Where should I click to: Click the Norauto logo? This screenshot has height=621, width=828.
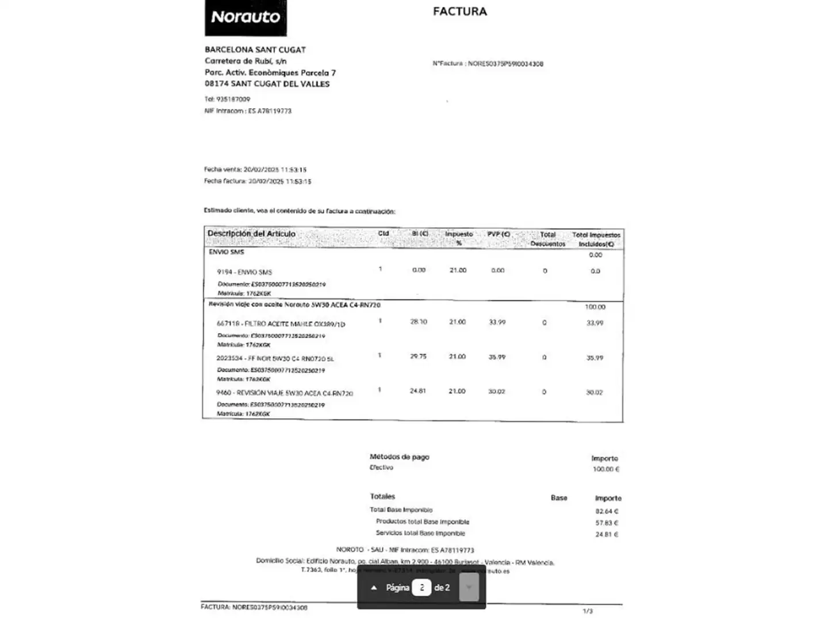click(246, 17)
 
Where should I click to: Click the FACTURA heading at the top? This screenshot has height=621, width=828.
click(459, 11)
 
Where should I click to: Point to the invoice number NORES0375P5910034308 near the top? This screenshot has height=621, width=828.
click(505, 64)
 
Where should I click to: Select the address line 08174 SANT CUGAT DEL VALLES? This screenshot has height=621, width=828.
click(267, 84)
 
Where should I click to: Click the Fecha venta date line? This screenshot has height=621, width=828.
click(255, 170)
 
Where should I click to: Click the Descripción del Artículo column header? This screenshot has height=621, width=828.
click(251, 233)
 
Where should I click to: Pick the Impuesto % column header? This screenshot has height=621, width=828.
click(458, 238)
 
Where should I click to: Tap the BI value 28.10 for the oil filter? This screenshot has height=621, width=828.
click(418, 322)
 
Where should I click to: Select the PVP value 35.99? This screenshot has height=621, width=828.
click(497, 357)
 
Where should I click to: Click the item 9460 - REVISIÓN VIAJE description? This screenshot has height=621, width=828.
click(284, 393)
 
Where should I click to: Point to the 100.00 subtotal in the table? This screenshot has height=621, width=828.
click(595, 307)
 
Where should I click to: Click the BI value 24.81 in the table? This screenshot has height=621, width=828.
click(417, 391)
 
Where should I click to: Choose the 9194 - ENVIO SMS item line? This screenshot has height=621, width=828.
click(244, 272)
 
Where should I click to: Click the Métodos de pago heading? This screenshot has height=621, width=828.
click(399, 457)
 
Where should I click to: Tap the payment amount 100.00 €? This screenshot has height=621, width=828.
click(605, 469)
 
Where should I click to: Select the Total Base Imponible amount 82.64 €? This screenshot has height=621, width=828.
click(607, 511)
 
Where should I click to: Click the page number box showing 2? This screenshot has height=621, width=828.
click(421, 588)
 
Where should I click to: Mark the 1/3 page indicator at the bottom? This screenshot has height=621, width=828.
click(587, 611)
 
